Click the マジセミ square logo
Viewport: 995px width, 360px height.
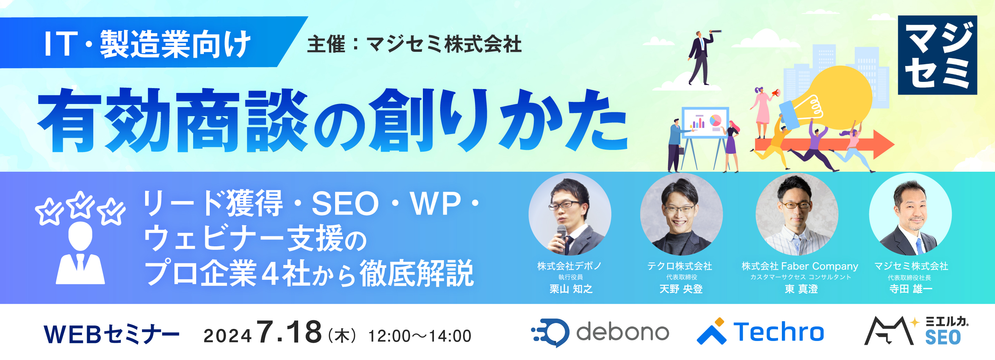pyautogui.click(x=937, y=55)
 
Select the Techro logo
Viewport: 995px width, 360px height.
pyautogui.click(x=760, y=332)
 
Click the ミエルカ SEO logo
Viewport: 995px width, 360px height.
pyautogui.click(x=916, y=331)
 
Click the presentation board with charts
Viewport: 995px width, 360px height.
pyautogui.click(x=705, y=123)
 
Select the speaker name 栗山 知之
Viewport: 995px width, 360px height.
pyautogui.click(x=570, y=289)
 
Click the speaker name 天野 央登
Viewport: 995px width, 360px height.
pyautogui.click(x=681, y=289)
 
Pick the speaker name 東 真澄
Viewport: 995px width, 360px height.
pyautogui.click(x=801, y=289)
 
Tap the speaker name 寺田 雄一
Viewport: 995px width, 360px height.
pyautogui.click(x=910, y=289)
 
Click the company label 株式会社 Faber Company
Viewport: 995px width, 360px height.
pyautogui.click(x=799, y=266)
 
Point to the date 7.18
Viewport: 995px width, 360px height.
pyautogui.click(x=289, y=332)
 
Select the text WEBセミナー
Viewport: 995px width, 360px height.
pyautogui.click(x=112, y=334)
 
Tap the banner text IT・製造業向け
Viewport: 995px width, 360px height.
pyautogui.click(x=147, y=44)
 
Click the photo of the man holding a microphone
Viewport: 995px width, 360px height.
pyautogui.click(x=569, y=215)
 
